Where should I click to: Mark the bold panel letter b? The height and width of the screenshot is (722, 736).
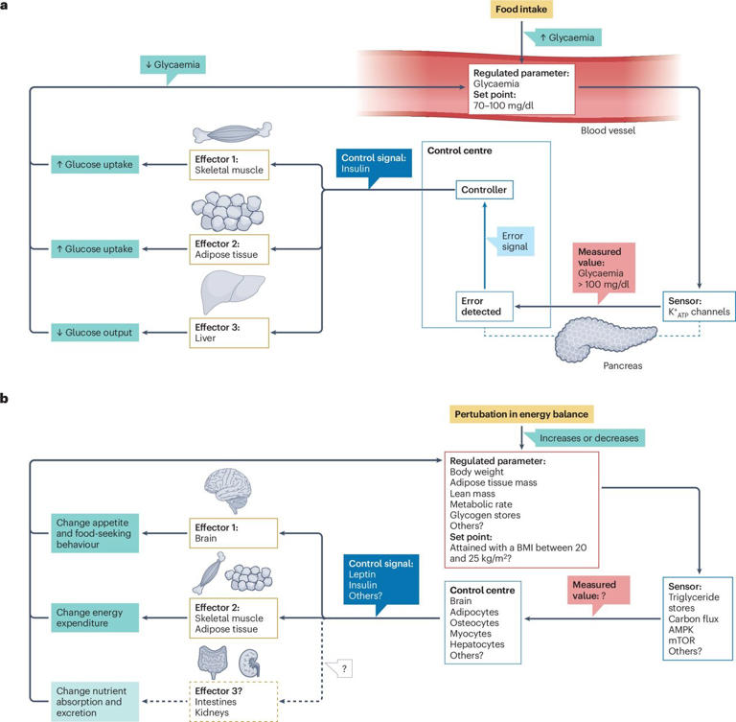coord(8,395)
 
